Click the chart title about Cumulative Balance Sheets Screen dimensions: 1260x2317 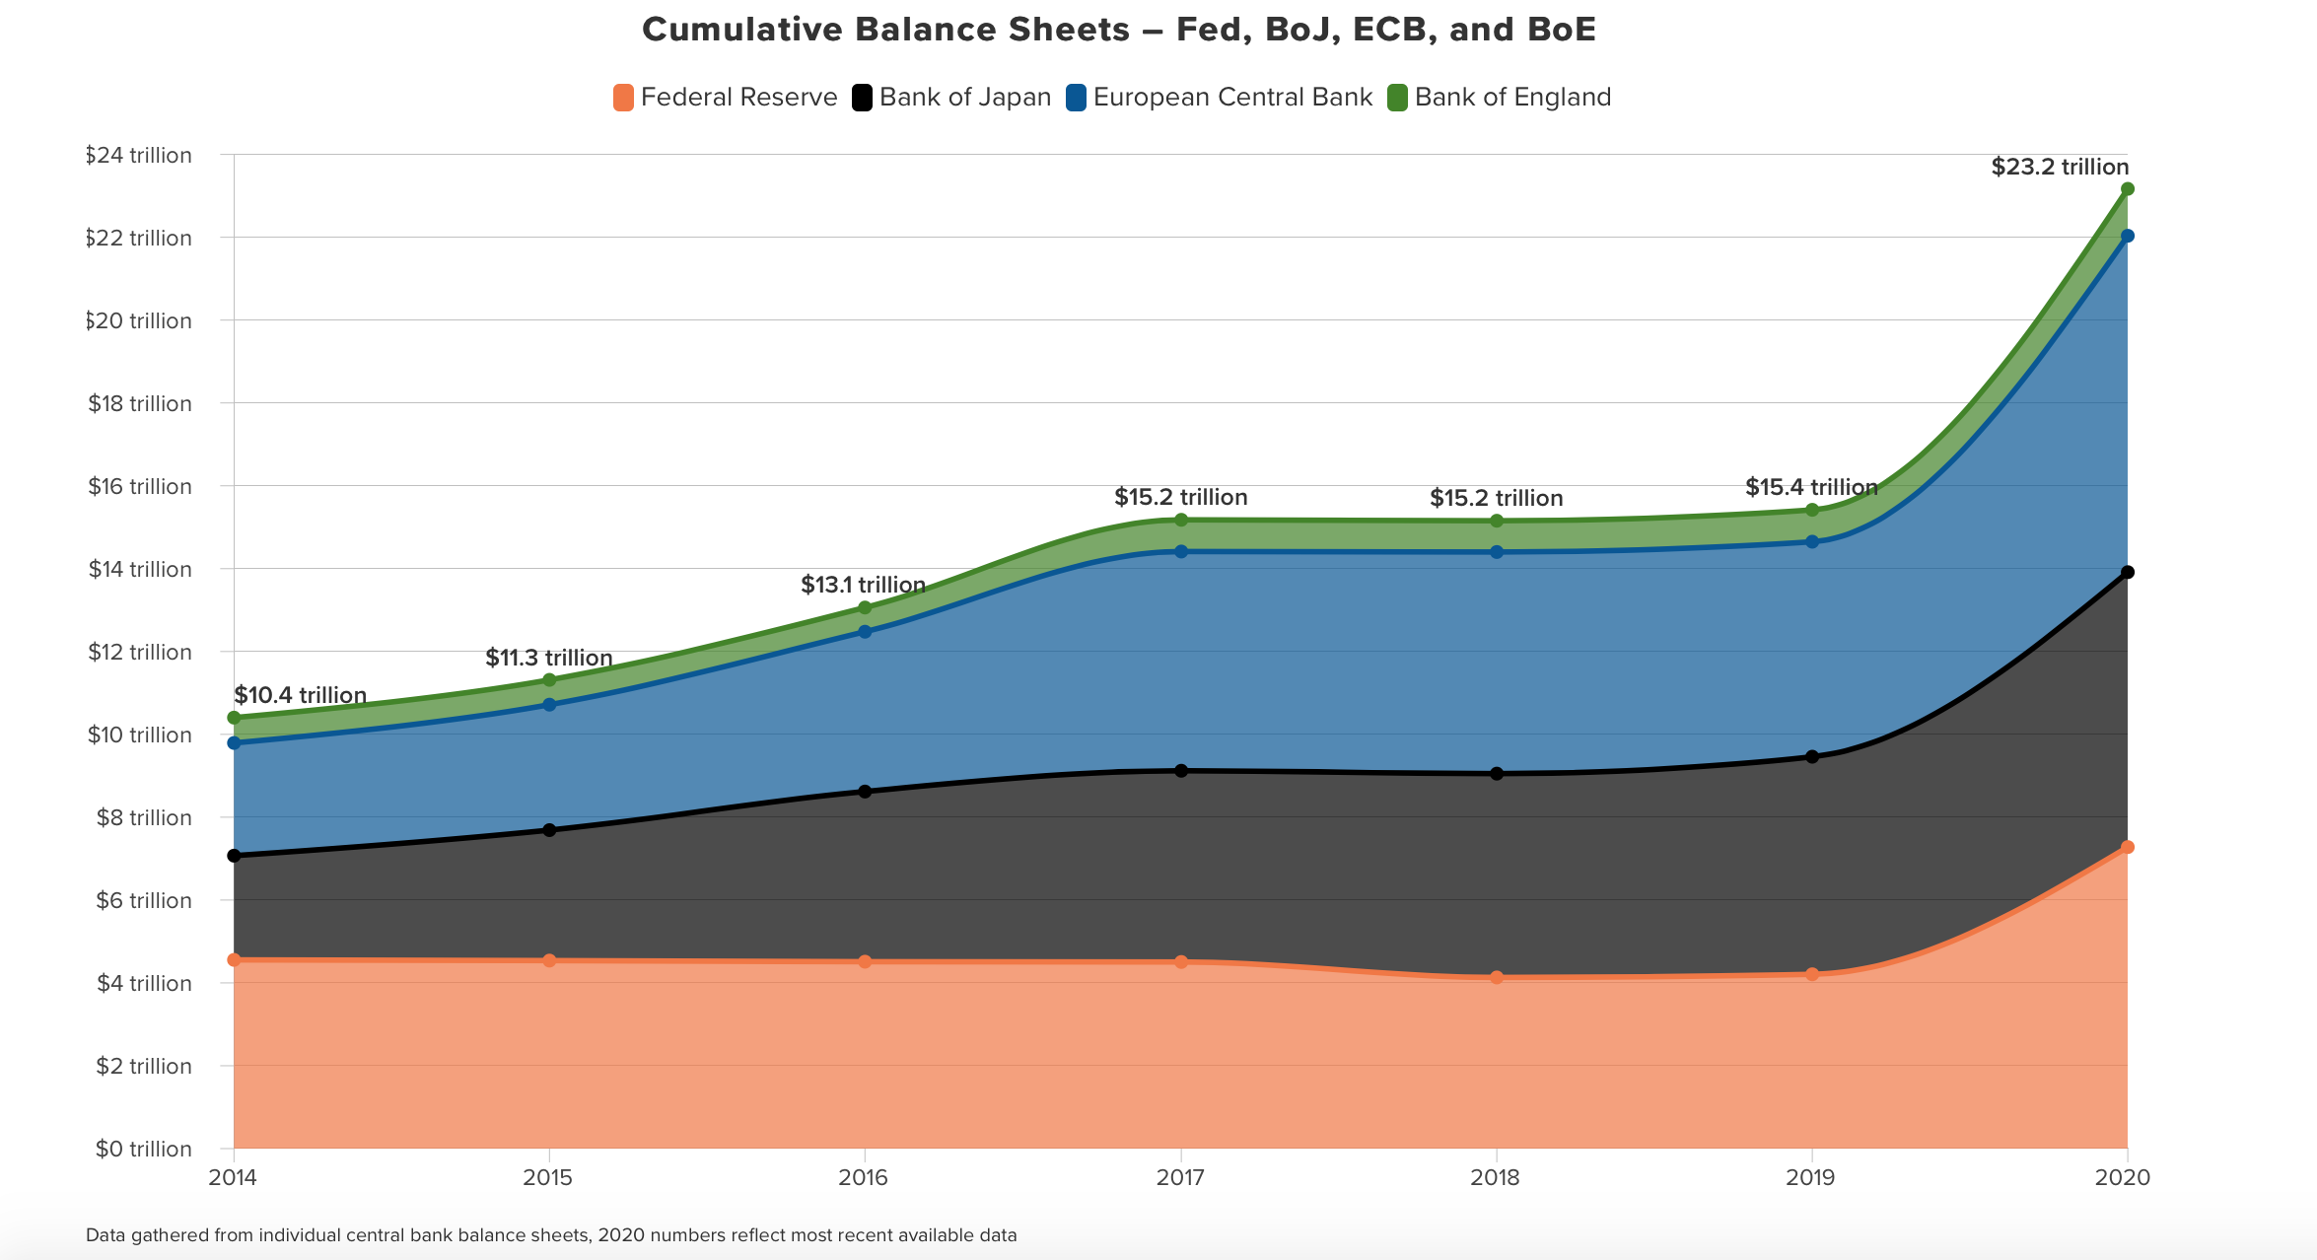(x=1118, y=30)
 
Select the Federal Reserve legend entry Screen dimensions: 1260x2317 (x=725, y=98)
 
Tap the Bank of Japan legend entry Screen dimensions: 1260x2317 (x=952, y=98)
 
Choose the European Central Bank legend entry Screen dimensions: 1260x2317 (x=1220, y=98)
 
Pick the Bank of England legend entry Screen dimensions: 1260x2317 (x=1500, y=98)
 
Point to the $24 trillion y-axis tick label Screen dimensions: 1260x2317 (x=139, y=156)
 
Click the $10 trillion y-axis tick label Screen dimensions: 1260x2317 (x=139, y=735)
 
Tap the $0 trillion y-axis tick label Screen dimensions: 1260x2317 (x=144, y=1150)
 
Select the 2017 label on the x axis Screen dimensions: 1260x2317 (x=1180, y=1177)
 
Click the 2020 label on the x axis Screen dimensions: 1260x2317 (x=2122, y=1177)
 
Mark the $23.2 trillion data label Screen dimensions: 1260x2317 (x=2060, y=167)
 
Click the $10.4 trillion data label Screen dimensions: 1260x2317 (x=300, y=695)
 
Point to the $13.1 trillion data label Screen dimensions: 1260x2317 (x=863, y=585)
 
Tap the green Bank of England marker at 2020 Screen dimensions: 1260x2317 (x=2127, y=188)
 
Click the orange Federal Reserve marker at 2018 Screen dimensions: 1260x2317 (x=1497, y=977)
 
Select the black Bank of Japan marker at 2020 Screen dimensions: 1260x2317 (x=2127, y=572)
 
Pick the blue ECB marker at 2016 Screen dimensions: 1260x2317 (x=865, y=632)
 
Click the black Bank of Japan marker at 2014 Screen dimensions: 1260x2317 (x=234, y=856)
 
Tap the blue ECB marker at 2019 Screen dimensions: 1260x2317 (x=1812, y=541)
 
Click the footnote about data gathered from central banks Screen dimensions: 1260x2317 (x=551, y=1235)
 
